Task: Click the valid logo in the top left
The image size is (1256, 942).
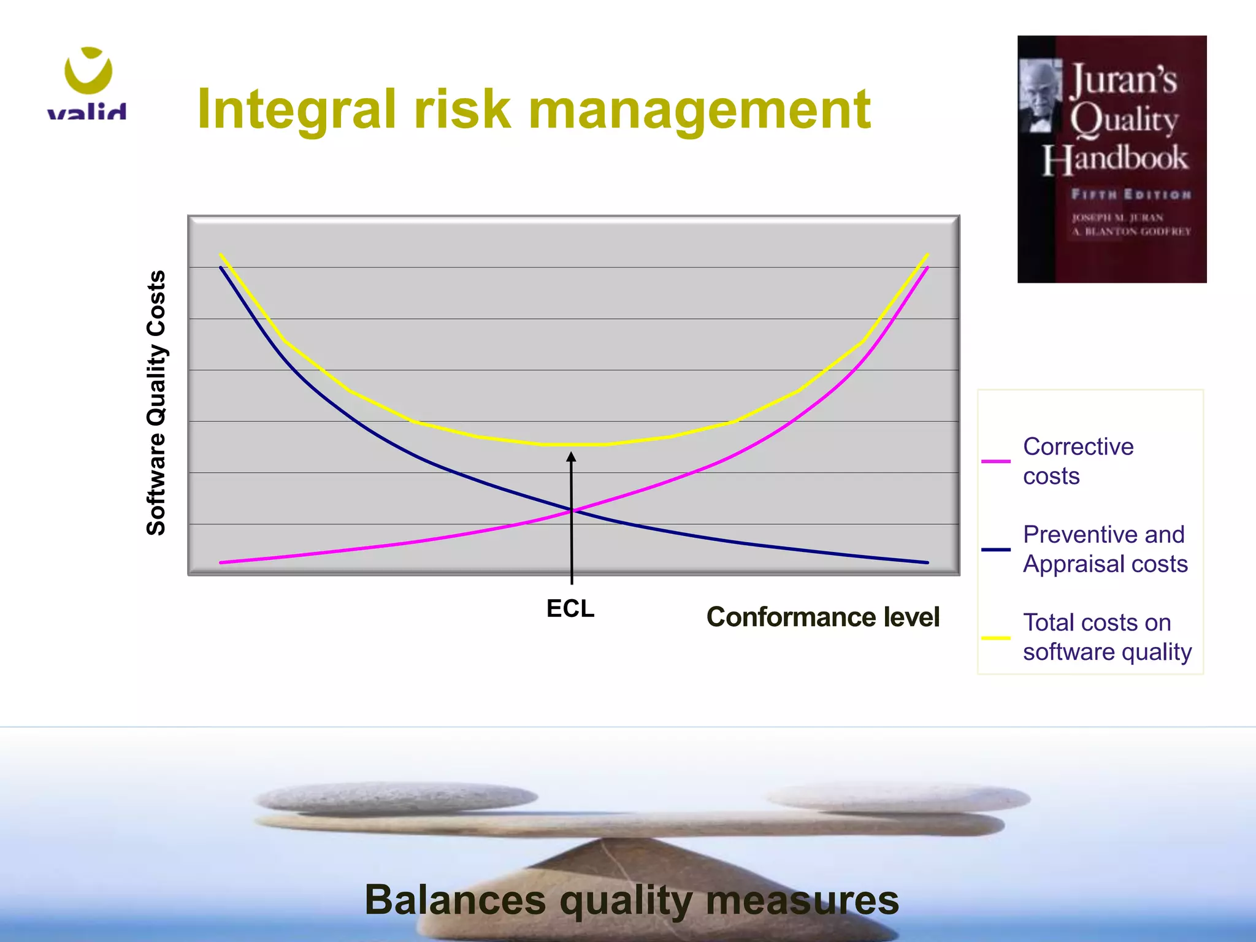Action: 88,83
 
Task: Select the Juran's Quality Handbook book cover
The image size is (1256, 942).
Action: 1111,159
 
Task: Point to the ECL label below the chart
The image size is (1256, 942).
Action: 570,609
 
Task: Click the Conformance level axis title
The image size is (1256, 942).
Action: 822,617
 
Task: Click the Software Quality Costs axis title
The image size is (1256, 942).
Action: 156,403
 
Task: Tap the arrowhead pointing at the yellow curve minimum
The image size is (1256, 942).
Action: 571,457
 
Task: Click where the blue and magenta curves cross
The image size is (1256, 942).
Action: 572,510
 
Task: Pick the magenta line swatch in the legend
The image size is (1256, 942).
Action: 995,461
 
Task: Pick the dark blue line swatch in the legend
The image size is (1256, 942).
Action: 995,549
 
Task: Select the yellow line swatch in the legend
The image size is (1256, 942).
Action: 995,638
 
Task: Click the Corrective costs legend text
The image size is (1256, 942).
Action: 1078,461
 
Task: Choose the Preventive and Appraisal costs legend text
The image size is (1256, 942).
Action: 1105,549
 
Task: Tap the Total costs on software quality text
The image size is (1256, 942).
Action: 1107,637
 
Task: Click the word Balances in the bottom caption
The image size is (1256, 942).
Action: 455,900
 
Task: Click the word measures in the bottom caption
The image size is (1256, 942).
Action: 802,900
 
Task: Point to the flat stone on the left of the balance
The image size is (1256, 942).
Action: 396,798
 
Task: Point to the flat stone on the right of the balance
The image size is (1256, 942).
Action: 898,798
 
